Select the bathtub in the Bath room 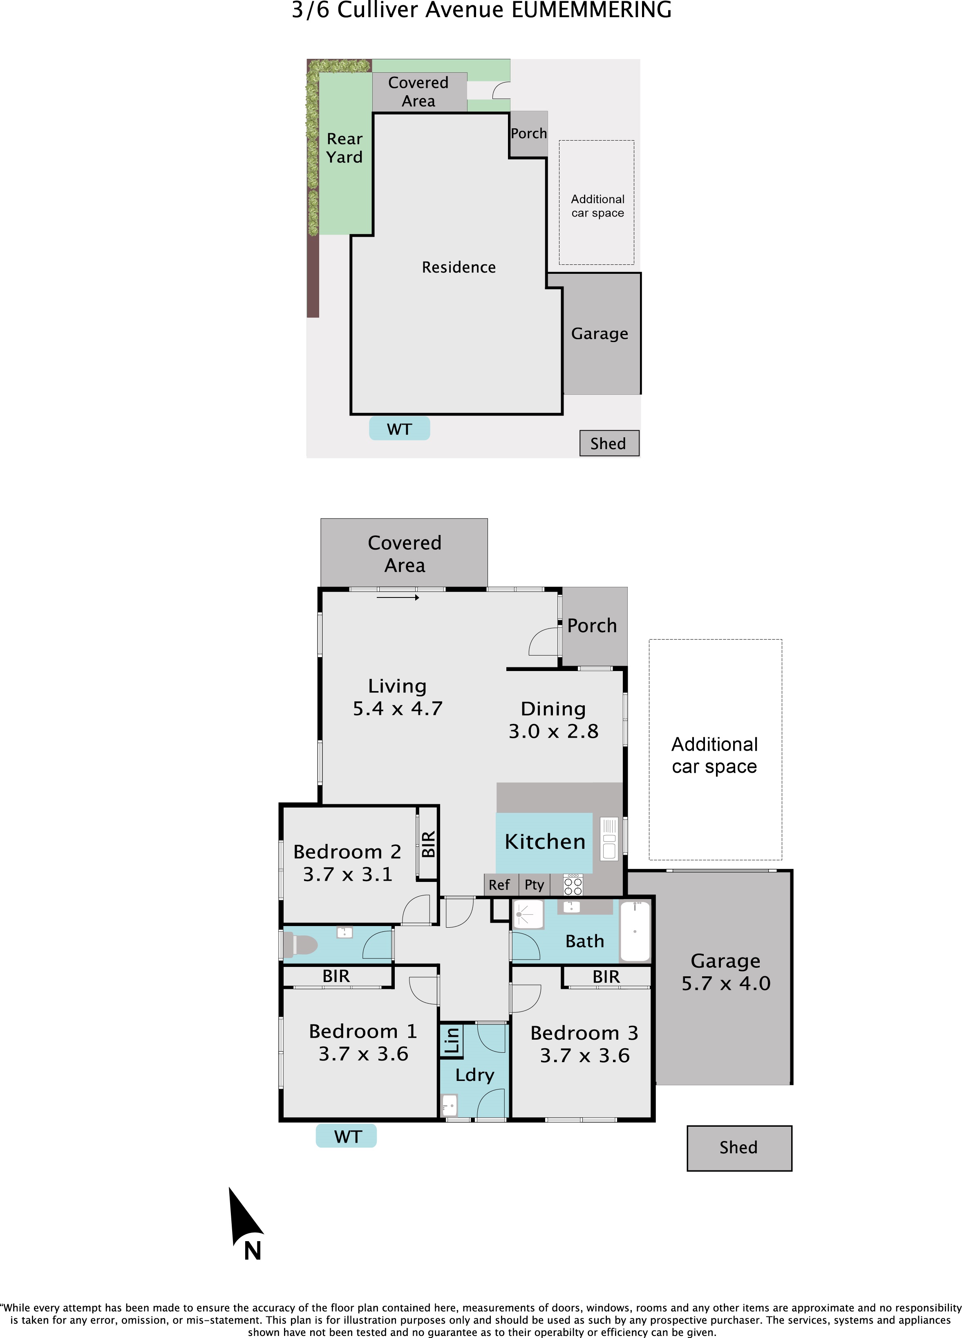coord(635,931)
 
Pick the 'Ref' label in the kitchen coord(499,885)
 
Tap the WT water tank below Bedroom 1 coord(346,1136)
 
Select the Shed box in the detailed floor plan coord(739,1148)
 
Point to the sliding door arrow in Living coord(398,597)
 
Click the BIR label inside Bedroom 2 coord(428,844)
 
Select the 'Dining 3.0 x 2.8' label coord(553,720)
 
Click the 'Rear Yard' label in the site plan coord(345,148)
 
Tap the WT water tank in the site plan coord(399,428)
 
